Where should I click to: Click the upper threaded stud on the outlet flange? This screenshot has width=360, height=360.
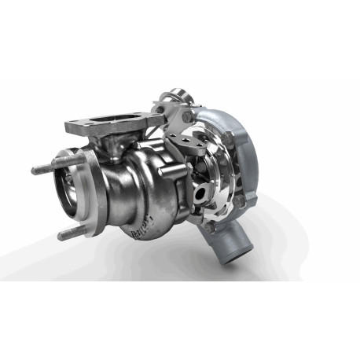coord(43,169)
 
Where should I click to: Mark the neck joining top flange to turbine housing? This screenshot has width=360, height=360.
coord(118,145)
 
